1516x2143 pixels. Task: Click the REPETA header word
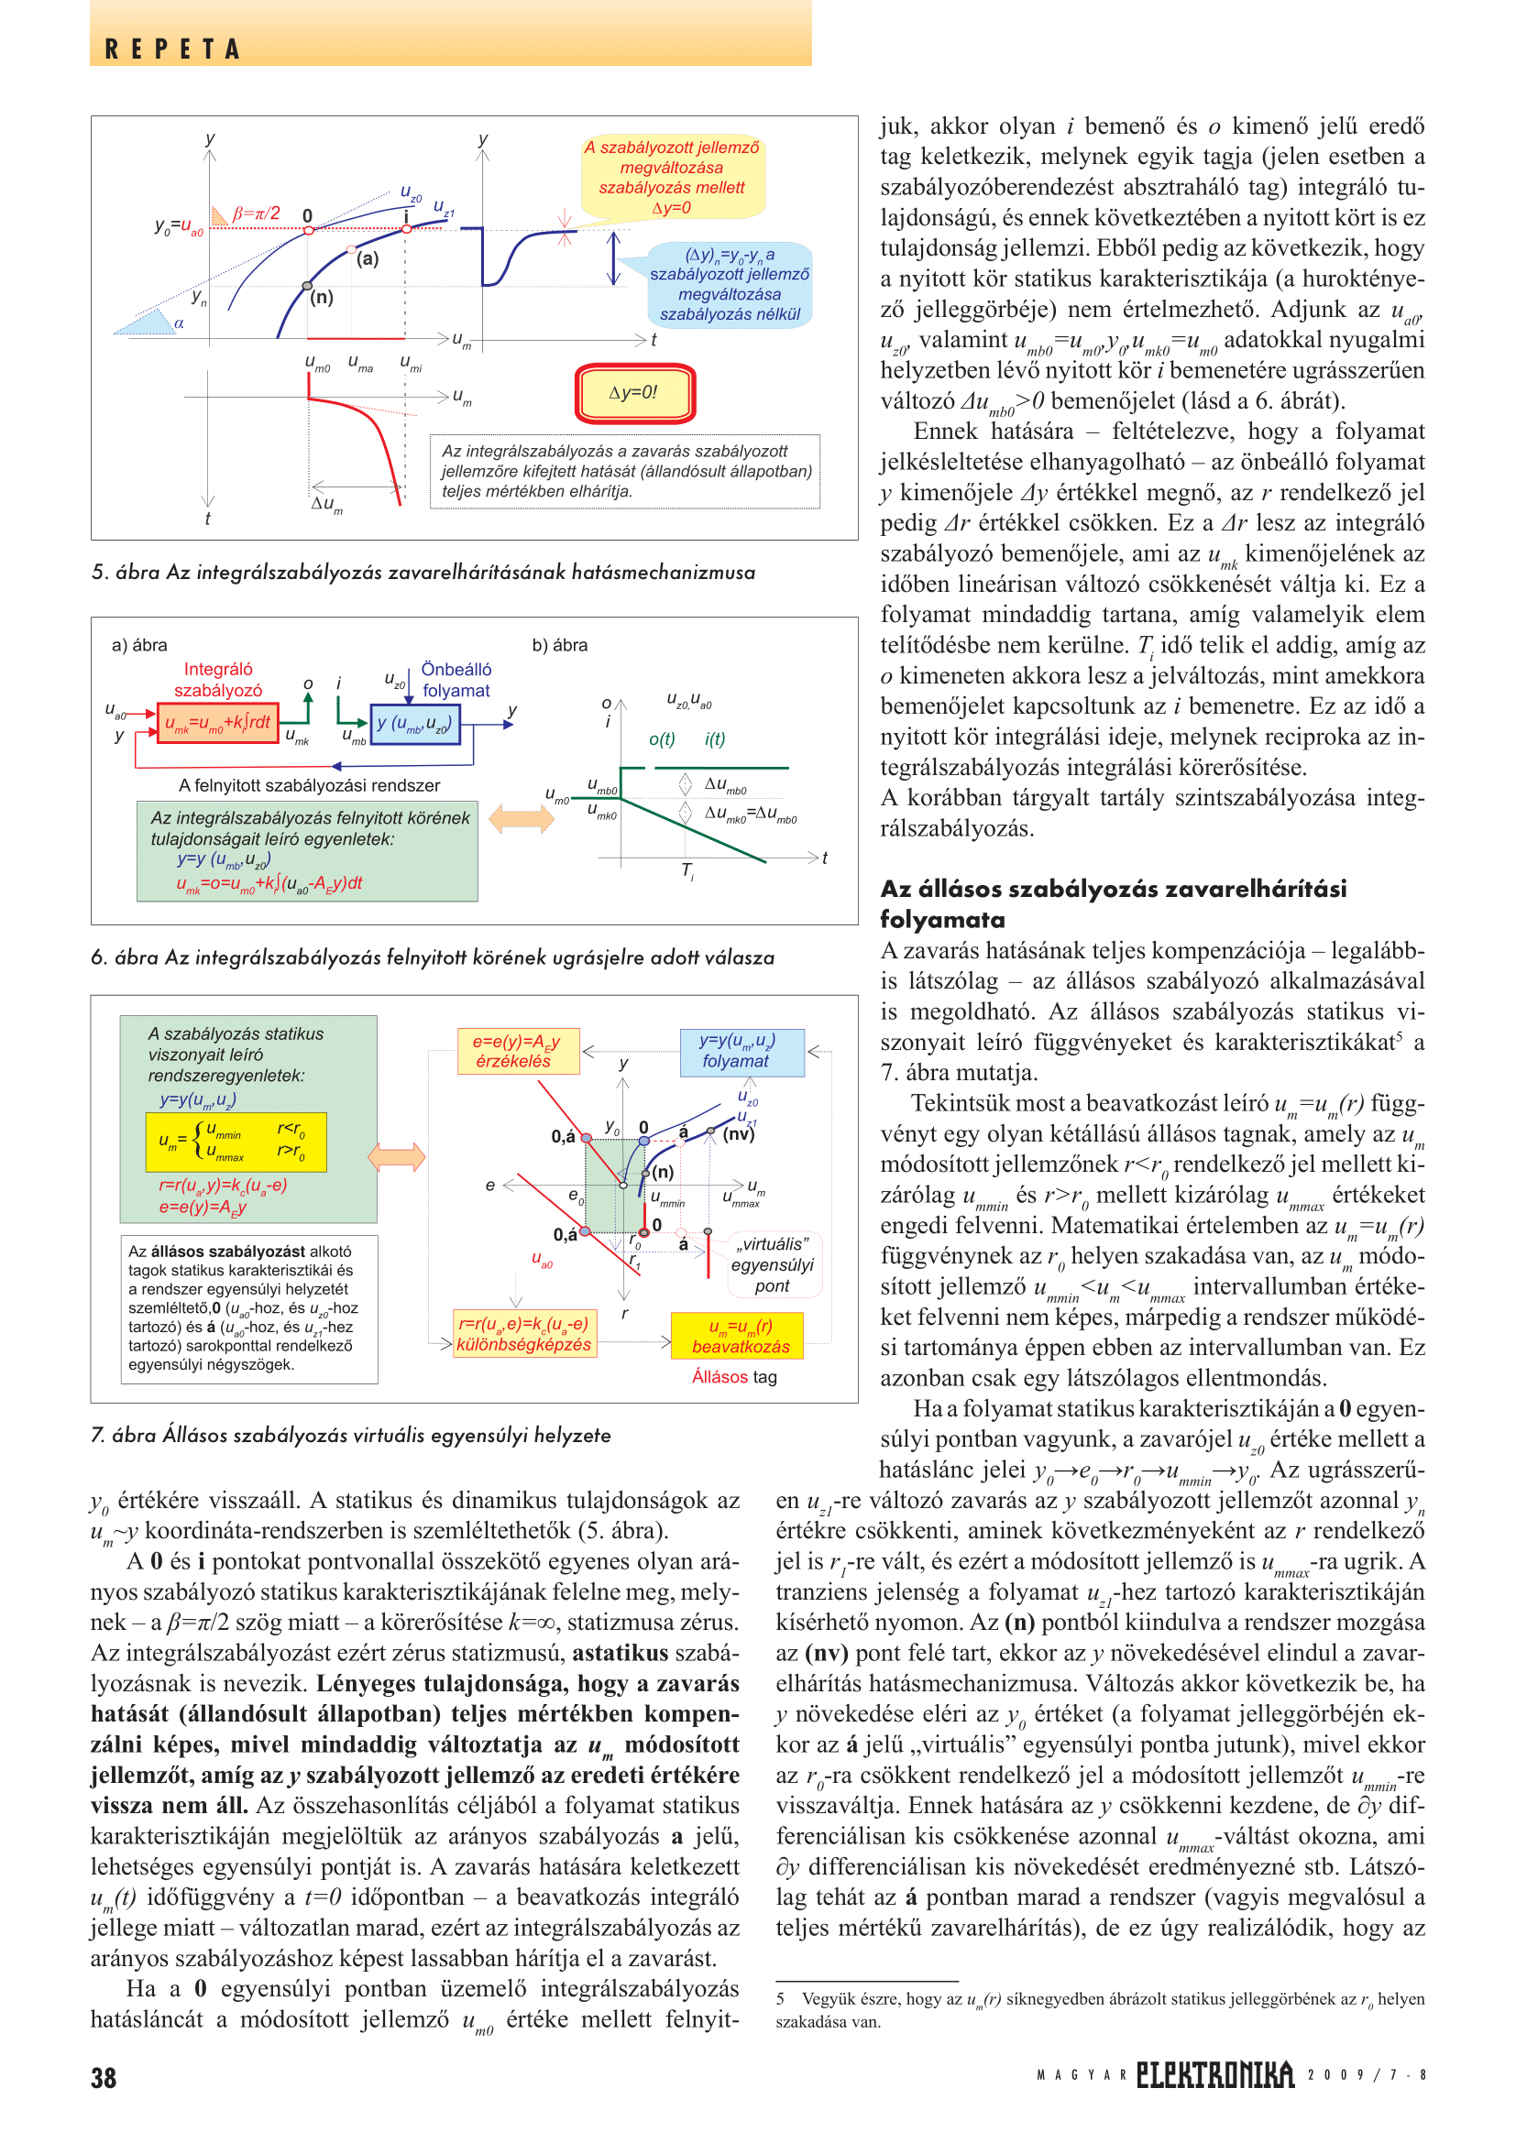(172, 49)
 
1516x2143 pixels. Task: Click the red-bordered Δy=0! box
(635, 393)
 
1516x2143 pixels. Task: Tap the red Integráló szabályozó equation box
(218, 724)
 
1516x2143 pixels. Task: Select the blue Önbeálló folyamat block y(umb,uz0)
(414, 725)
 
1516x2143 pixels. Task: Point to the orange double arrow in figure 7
(397, 1157)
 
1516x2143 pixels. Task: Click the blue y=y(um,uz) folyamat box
(742, 1052)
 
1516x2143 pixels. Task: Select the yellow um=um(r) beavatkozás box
(738, 1336)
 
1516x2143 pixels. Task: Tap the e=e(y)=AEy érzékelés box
(518, 1051)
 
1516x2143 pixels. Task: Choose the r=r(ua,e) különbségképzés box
(523, 1335)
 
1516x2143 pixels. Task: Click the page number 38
(104, 2078)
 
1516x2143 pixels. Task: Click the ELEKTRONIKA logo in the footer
(1214, 2075)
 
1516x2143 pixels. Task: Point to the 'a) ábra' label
(139, 645)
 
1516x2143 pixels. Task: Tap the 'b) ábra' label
(559, 645)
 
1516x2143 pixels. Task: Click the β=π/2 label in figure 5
(256, 213)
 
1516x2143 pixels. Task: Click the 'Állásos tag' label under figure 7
(734, 1377)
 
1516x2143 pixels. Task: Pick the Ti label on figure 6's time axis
(687, 870)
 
